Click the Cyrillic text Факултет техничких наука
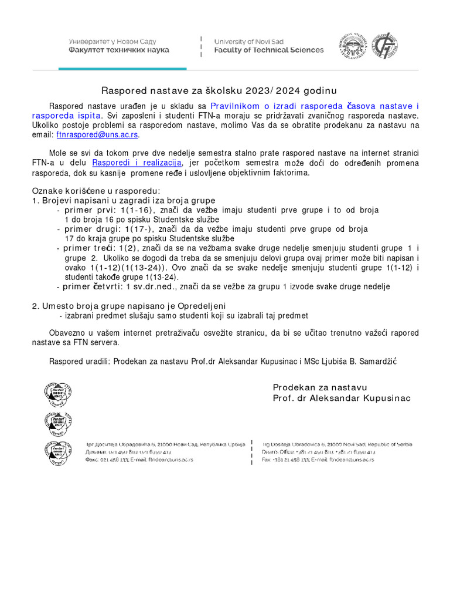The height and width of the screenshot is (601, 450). click(x=119, y=50)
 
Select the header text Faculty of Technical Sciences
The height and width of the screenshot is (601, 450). click(x=268, y=50)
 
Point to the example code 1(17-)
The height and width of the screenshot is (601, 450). click(x=141, y=229)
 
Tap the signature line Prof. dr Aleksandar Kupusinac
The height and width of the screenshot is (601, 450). click(x=342, y=398)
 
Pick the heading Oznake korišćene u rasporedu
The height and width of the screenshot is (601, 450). click(x=96, y=191)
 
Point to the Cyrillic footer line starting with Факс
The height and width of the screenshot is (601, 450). click(x=139, y=460)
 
